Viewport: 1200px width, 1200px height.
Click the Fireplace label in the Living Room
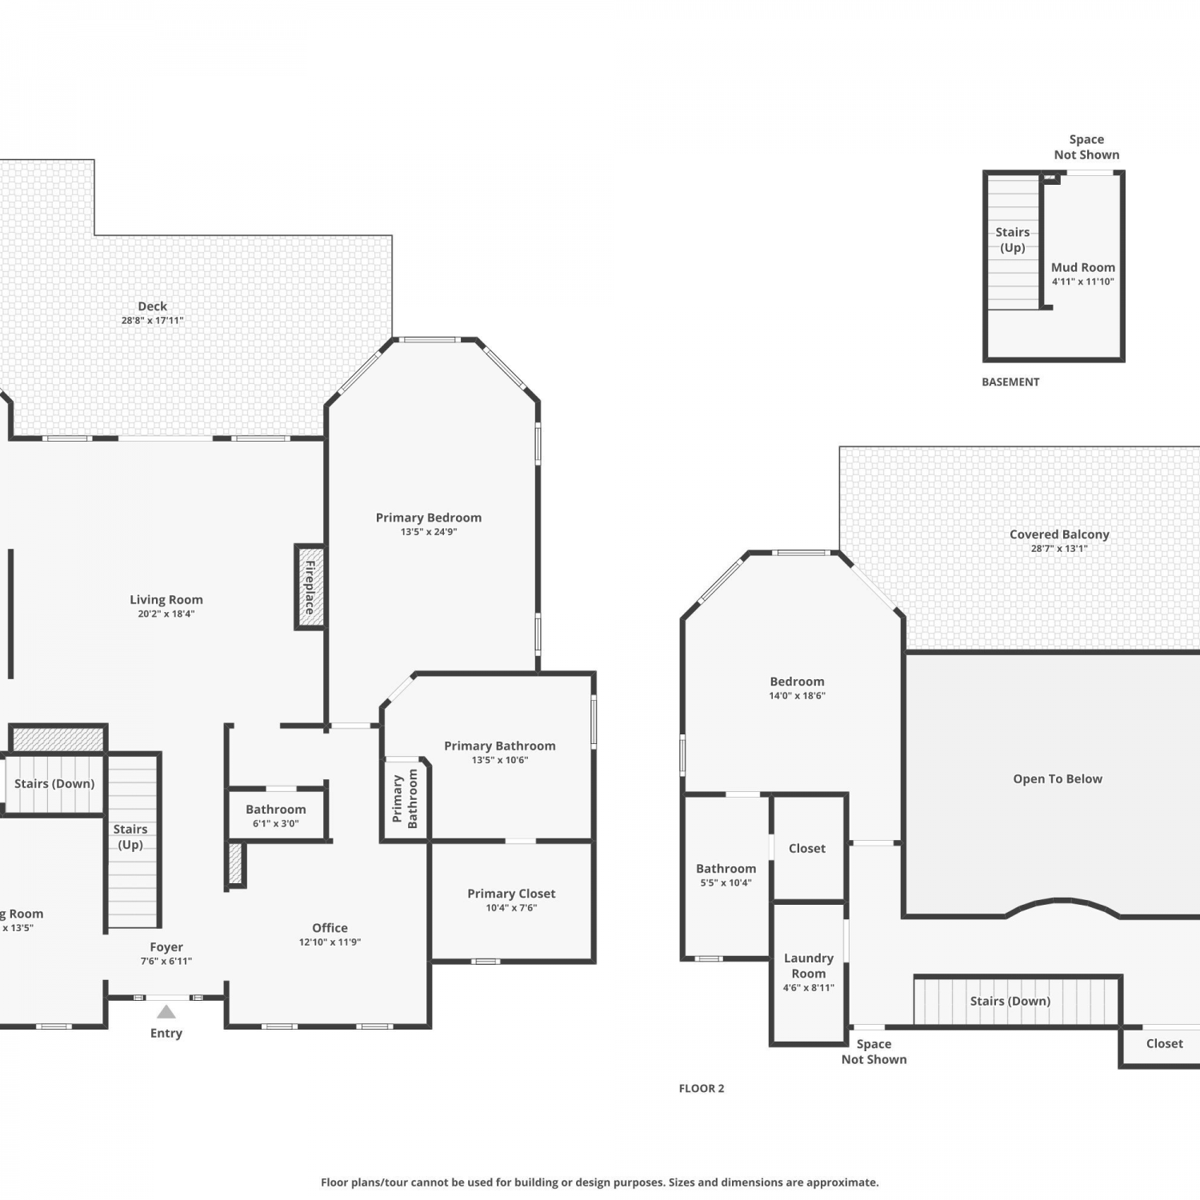point(310,587)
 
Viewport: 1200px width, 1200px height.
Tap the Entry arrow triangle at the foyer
point(166,1012)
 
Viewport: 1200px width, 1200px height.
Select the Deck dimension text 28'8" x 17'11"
point(153,321)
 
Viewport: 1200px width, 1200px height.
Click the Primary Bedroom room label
point(429,518)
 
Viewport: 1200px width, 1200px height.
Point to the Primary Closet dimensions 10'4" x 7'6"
point(511,908)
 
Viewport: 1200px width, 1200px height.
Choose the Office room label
point(330,928)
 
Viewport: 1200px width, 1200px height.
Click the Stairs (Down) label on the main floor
point(54,784)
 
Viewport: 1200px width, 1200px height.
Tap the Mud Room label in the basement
point(1083,268)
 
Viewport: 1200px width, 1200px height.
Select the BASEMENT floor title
point(1010,382)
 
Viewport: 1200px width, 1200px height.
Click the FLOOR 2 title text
point(702,1089)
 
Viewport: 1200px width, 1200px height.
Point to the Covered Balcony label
point(1059,534)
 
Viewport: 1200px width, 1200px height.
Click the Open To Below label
point(1058,779)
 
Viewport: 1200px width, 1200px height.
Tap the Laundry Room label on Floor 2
point(809,966)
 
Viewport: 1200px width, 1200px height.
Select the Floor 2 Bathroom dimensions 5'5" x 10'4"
point(726,883)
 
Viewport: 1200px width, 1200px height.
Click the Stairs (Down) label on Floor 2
point(1010,1002)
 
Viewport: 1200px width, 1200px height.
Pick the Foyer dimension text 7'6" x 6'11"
point(166,962)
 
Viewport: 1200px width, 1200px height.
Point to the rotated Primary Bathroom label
point(405,798)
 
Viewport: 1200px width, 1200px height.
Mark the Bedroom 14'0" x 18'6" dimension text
point(797,696)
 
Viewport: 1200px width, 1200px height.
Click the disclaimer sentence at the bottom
point(600,1182)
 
